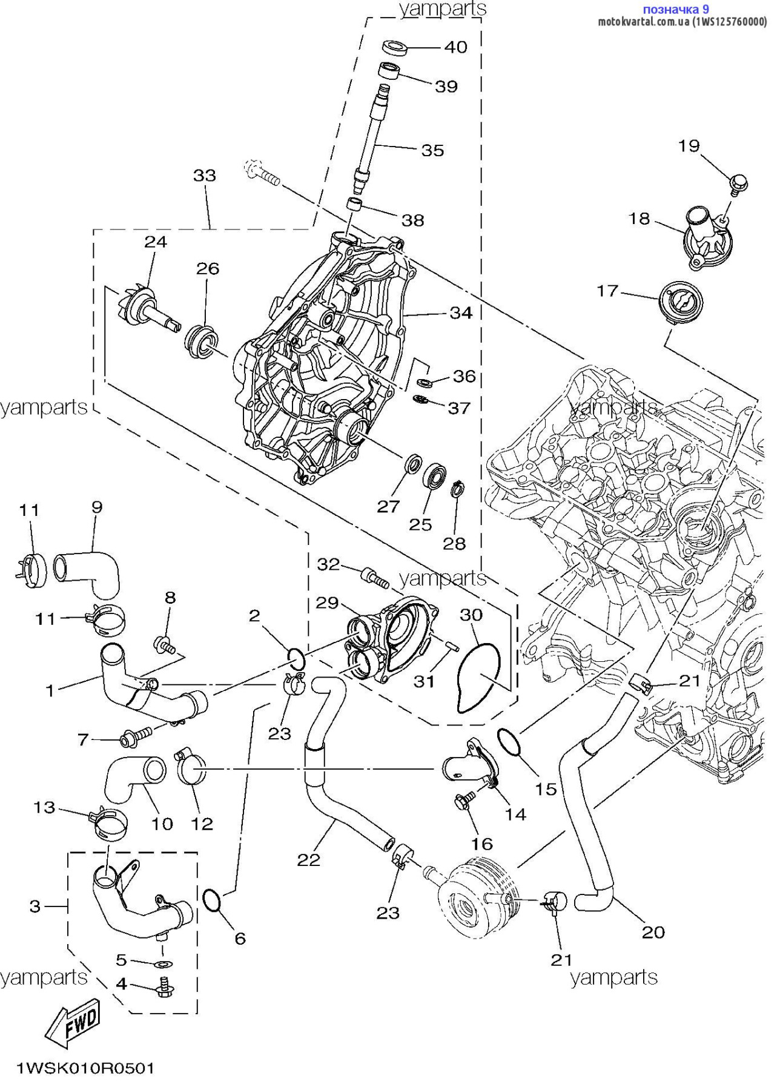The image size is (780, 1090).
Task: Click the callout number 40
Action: [456, 47]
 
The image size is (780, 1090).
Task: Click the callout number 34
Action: [461, 313]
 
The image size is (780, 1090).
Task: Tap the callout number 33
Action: [205, 176]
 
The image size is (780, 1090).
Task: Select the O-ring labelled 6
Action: [213, 900]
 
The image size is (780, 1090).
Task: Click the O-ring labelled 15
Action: [511, 742]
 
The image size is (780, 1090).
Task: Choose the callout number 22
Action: [308, 860]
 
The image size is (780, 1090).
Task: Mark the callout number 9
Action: [97, 507]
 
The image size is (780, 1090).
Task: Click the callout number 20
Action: [653, 932]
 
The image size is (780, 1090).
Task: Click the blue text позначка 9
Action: [675, 9]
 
